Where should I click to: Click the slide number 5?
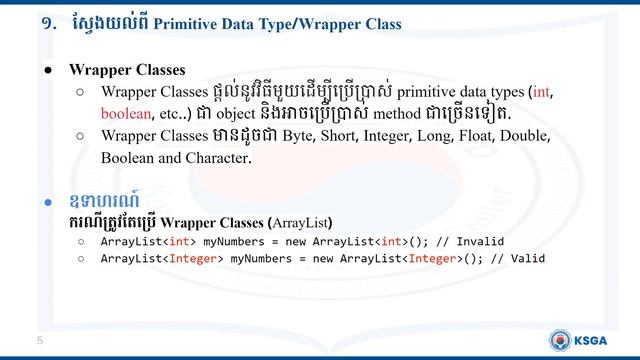pos(40,342)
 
